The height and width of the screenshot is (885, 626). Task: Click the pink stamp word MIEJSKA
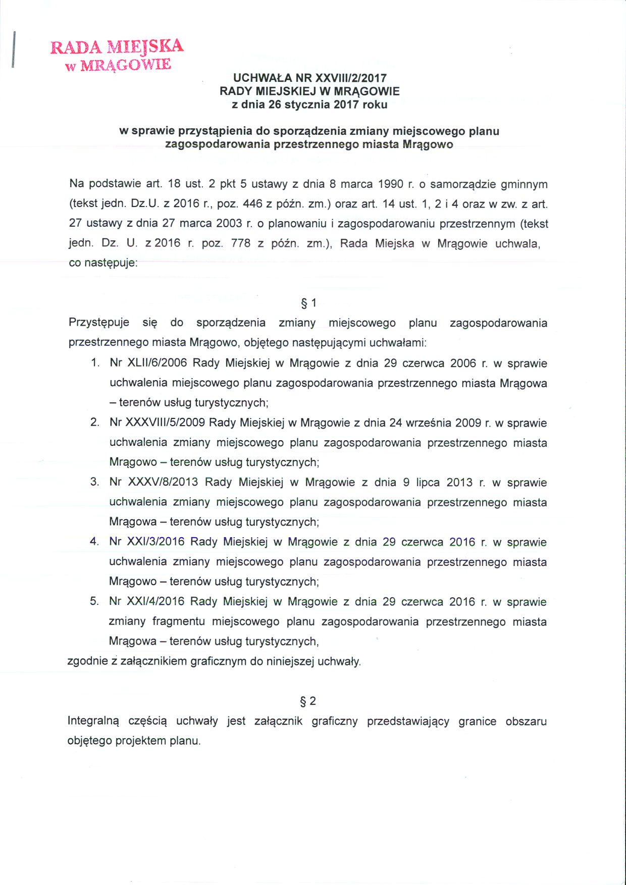[x=146, y=46]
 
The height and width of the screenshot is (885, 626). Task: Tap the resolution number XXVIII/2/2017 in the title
[x=351, y=78]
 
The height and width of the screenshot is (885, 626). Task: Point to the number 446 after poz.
[x=252, y=204]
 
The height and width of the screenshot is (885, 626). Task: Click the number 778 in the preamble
[x=240, y=243]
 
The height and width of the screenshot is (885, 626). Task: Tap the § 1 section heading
[x=308, y=303]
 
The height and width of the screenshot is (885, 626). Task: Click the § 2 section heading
[x=308, y=701]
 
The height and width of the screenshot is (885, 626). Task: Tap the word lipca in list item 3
[x=427, y=482]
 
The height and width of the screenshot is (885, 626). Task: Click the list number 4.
[x=94, y=542]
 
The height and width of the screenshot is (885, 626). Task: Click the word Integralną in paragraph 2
[x=93, y=721]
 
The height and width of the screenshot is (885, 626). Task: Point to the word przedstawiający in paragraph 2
[x=408, y=721]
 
